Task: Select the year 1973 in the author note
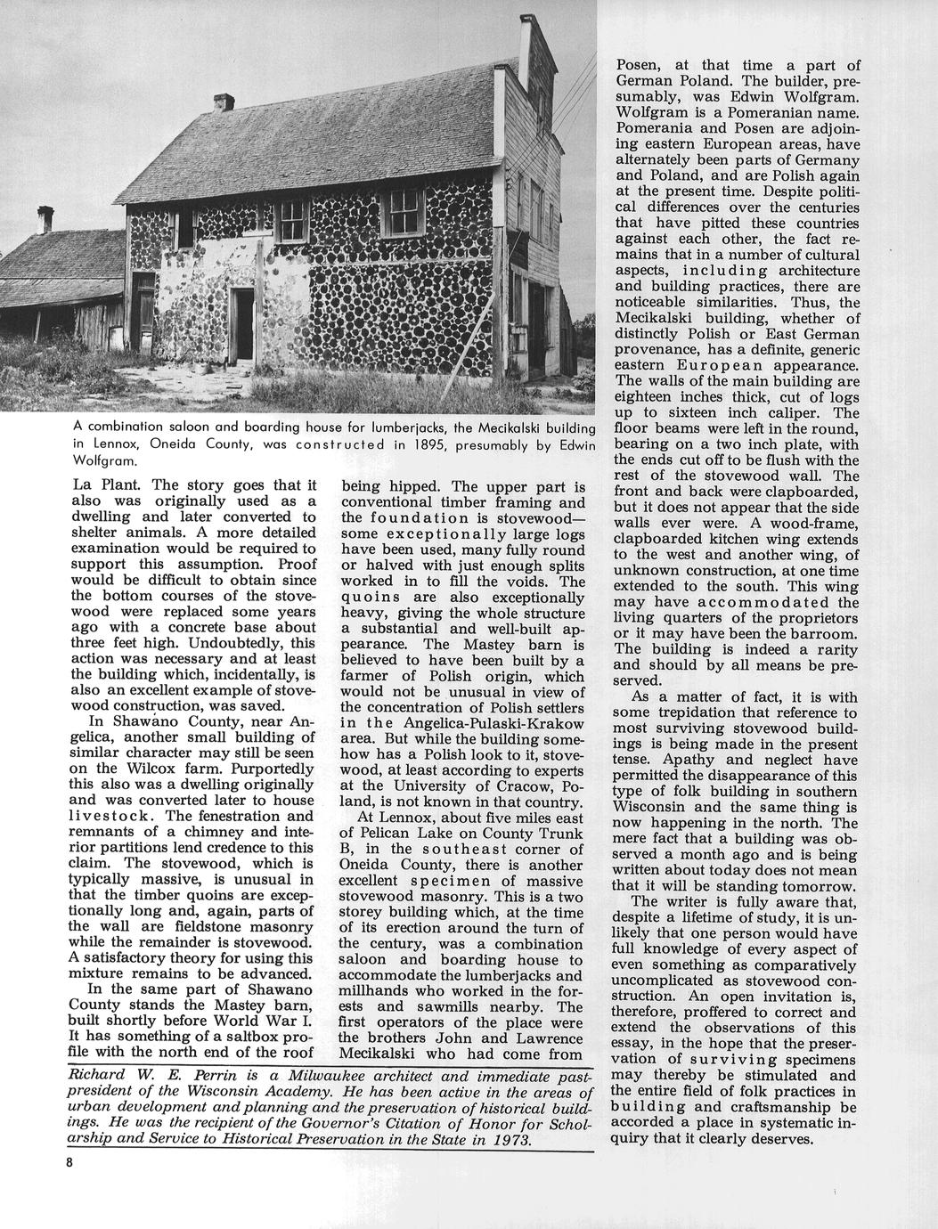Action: coord(511,1140)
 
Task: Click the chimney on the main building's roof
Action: coord(224,102)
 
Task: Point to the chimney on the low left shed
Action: coord(45,218)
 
